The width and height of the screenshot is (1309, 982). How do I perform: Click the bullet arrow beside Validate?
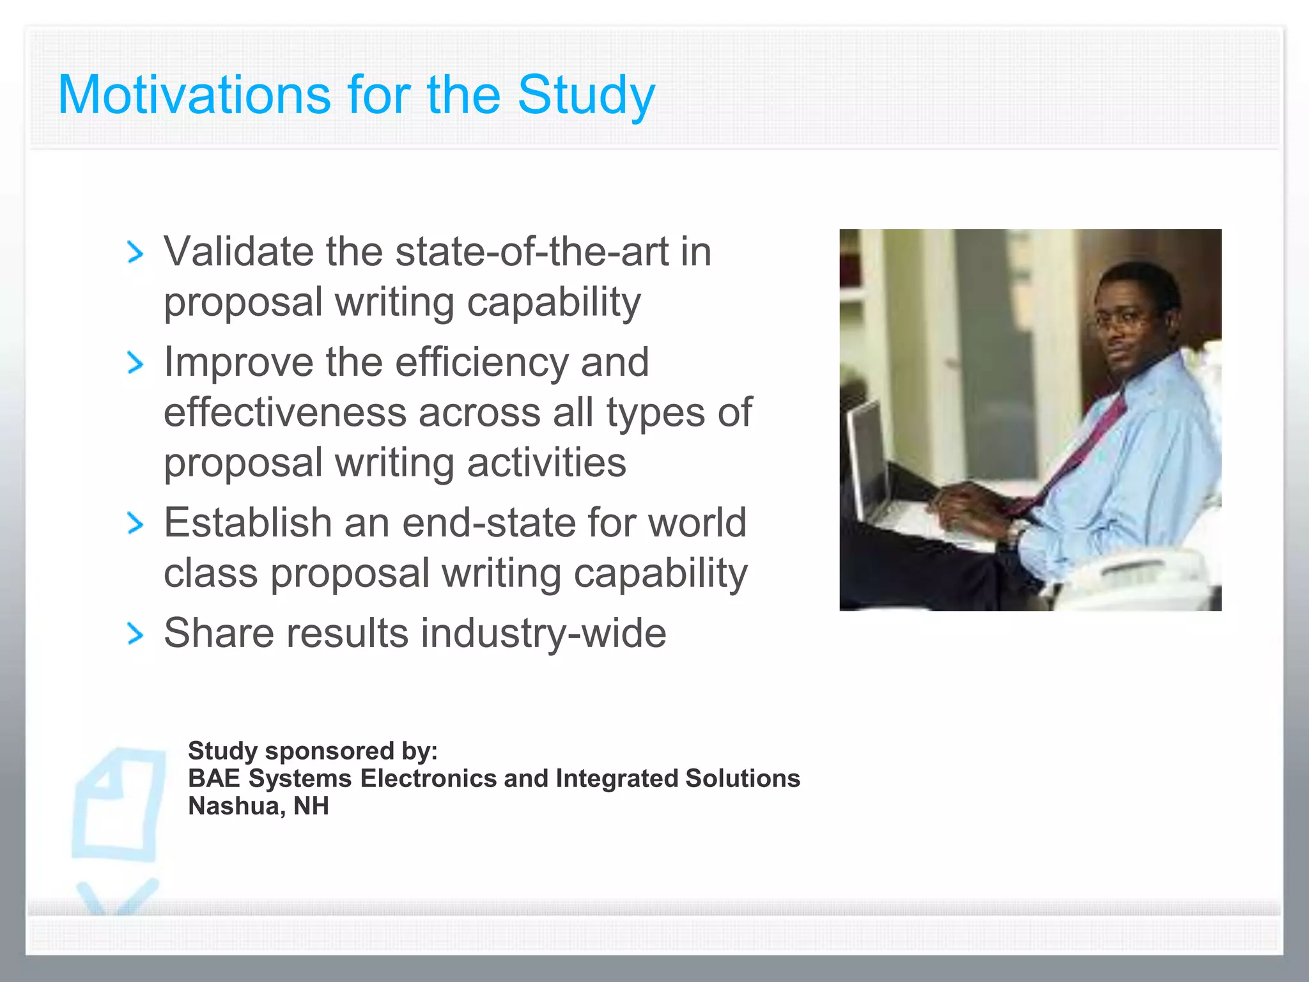[135, 252]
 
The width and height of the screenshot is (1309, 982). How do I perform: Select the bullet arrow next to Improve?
[135, 363]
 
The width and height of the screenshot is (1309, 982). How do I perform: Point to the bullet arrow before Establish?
[135, 524]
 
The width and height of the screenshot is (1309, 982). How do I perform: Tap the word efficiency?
[481, 362]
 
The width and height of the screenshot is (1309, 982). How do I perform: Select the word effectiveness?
[285, 412]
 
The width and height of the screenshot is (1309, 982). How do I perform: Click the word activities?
[546, 462]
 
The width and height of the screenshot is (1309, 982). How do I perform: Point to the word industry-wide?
[543, 633]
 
